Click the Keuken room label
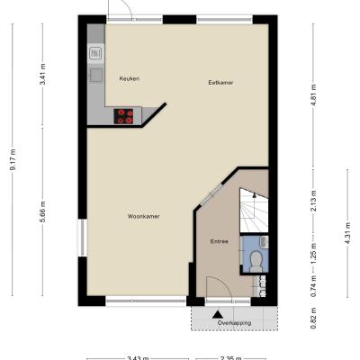[130, 79]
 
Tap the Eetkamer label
[220, 83]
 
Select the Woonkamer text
[143, 216]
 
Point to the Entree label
[219, 241]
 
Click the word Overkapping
[234, 323]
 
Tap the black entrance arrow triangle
[218, 314]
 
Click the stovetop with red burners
[123, 116]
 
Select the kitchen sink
[95, 54]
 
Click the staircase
[254, 210]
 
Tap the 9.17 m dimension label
[13, 159]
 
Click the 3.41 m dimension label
[42, 74]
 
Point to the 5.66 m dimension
[42, 211]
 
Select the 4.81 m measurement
[313, 95]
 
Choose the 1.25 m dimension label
[313, 254]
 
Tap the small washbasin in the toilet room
[264, 242]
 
